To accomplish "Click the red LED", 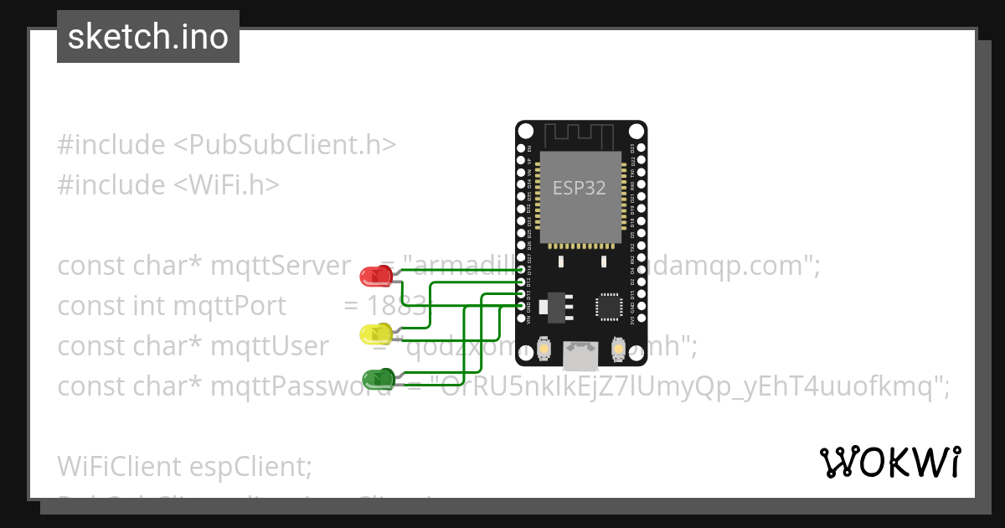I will (373, 275).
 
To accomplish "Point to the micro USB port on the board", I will (580, 355).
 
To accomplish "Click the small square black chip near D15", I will (608, 307).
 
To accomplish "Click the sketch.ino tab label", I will (148, 37).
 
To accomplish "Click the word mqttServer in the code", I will (281, 266).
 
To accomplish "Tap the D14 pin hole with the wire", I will (522, 270).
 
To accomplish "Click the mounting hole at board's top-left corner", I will (525, 132).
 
